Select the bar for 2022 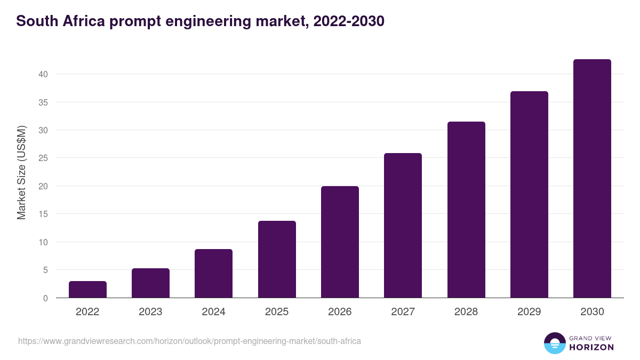87,290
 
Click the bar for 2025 277,259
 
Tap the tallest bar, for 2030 592,179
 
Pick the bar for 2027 403,226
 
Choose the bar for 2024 213,274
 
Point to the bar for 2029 529,195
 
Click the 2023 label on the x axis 150,312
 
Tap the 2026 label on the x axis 340,312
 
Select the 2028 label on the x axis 466,312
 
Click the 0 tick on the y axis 45,298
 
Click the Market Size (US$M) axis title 22,172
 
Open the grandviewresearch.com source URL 189,341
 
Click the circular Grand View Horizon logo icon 554,343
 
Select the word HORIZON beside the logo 591,347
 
